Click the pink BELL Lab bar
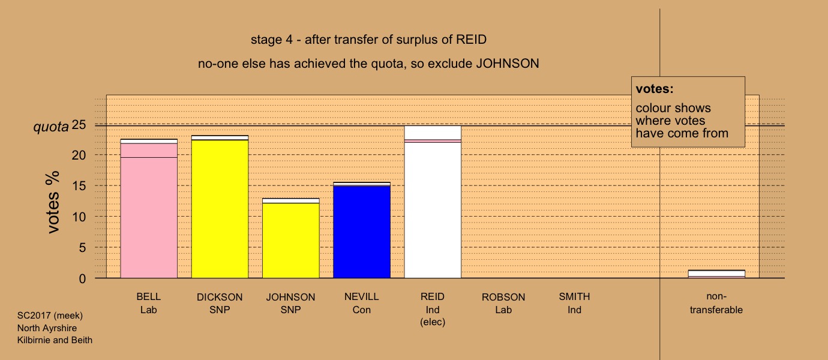[x=149, y=208]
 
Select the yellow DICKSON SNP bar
[x=220, y=206]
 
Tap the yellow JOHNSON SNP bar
[x=291, y=238]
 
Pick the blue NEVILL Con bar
[x=362, y=230]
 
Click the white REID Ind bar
[x=433, y=202]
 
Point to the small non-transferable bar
[x=716, y=274]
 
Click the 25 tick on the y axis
[x=79, y=125]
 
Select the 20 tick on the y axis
[x=79, y=155]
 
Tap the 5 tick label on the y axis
[x=82, y=247]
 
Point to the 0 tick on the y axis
[x=82, y=278]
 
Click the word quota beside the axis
[x=51, y=127]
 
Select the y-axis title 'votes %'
[x=53, y=202]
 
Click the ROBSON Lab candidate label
[x=503, y=304]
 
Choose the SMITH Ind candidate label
[x=574, y=304]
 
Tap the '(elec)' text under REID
[x=433, y=322]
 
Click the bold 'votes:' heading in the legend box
[x=655, y=89]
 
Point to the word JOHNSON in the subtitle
[x=508, y=64]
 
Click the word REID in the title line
[x=471, y=40]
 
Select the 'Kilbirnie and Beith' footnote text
[x=55, y=340]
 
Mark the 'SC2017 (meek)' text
[x=50, y=316]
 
